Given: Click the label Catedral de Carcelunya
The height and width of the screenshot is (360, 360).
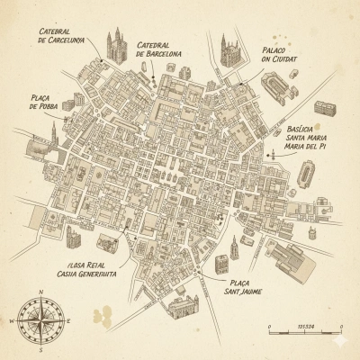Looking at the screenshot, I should pyautogui.click(x=63, y=34).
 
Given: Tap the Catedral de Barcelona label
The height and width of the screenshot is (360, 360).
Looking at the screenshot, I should pyautogui.click(x=158, y=49).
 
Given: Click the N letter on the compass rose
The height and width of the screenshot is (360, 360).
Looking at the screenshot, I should pyautogui.click(x=42, y=292).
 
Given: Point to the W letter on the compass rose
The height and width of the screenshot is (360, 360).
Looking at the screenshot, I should pyautogui.click(x=12, y=321).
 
